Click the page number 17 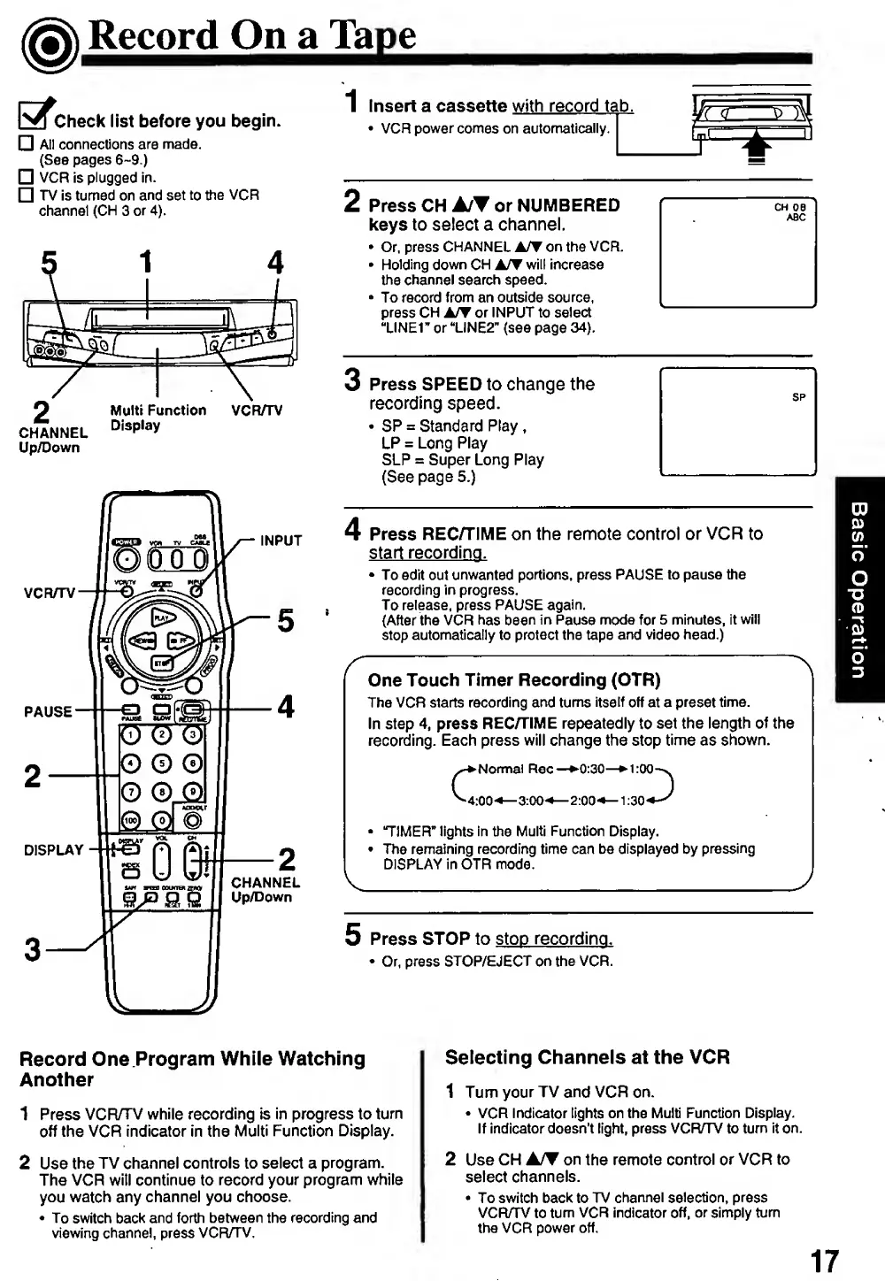coord(823,1260)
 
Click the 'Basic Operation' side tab coord(858,589)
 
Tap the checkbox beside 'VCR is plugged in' coord(27,177)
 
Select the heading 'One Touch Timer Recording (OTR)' coord(514,680)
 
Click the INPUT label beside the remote coord(281,541)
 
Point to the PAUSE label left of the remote coord(48,711)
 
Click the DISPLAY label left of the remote coord(53,850)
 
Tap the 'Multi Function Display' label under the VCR coord(158,418)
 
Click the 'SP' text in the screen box coord(798,397)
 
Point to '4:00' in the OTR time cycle coord(481,801)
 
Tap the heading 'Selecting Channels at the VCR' coord(587,1057)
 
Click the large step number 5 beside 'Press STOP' coord(353,934)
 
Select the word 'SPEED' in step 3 coord(451,384)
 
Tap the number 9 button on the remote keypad coord(192,792)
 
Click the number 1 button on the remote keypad coord(130,734)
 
